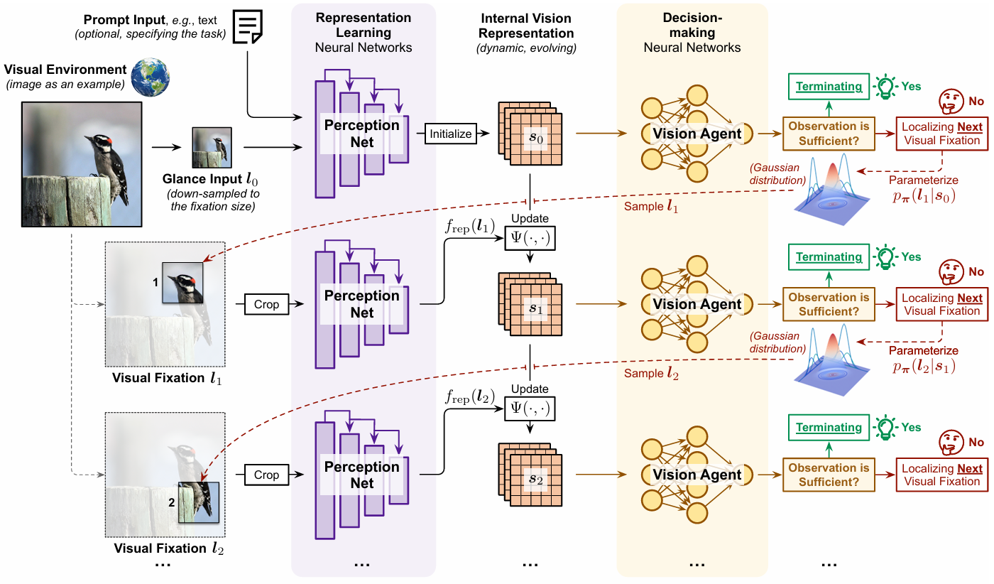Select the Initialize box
pyautogui.click(x=450, y=133)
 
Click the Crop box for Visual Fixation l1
pyautogui.click(x=266, y=304)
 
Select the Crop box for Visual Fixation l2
pyautogui.click(x=266, y=475)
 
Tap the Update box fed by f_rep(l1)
pyautogui.click(x=530, y=237)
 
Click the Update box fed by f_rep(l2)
pyautogui.click(x=530, y=408)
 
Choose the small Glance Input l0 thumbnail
pyautogui.click(x=212, y=148)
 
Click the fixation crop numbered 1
pyautogui.click(x=182, y=283)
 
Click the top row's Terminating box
pyautogui.click(x=829, y=87)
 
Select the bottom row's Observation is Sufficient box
pyautogui.click(x=829, y=475)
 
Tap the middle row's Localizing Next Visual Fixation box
pyautogui.click(x=941, y=304)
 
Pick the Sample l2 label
pyautogui.click(x=651, y=374)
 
